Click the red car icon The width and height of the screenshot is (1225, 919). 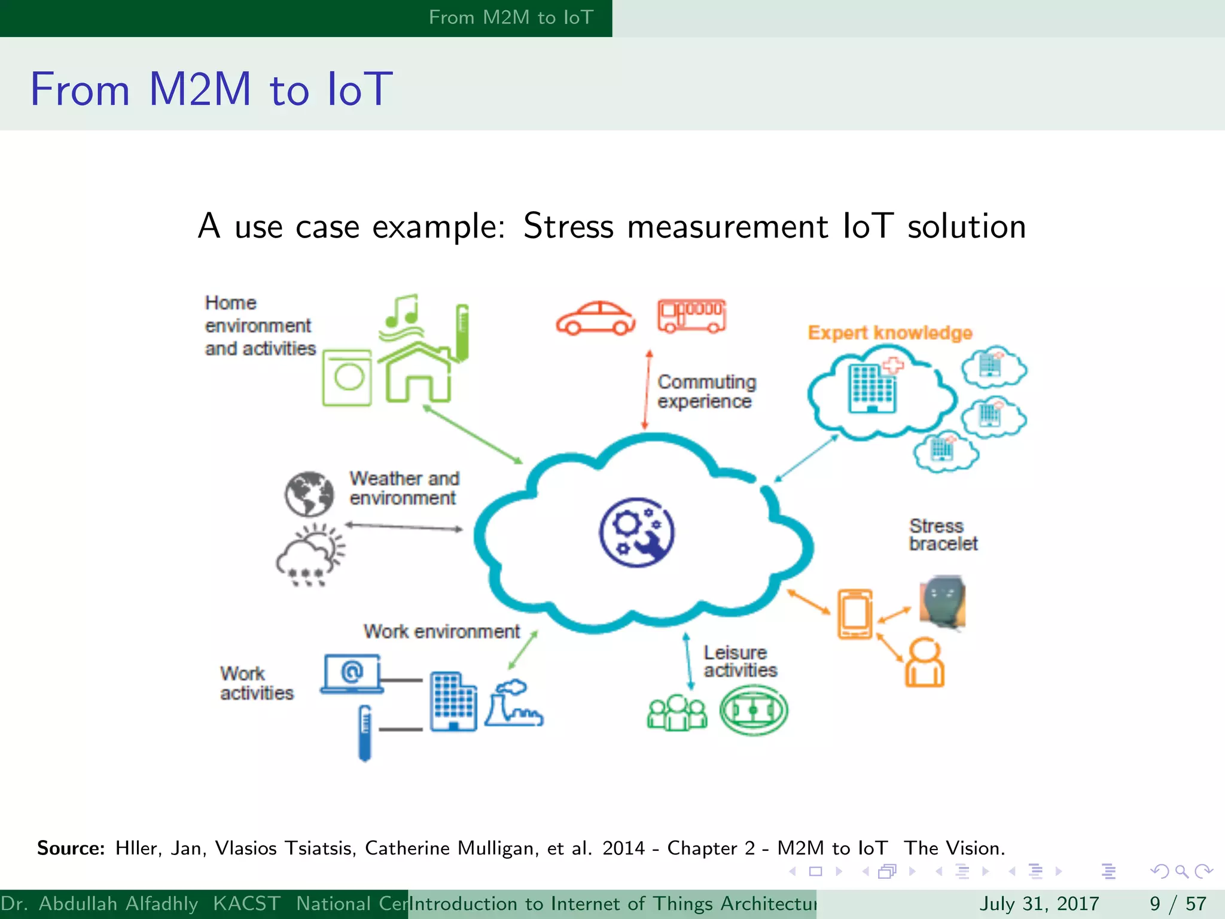click(x=595, y=318)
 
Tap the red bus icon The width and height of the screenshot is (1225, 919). click(x=691, y=316)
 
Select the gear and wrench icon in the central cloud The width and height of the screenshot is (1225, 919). click(x=636, y=532)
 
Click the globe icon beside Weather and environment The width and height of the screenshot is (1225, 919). click(x=309, y=494)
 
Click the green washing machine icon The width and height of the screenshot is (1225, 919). click(x=347, y=378)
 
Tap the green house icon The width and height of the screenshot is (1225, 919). click(x=417, y=373)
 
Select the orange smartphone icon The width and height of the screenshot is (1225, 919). click(x=855, y=614)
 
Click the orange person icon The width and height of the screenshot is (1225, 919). click(x=924, y=662)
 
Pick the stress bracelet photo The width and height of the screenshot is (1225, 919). click(x=943, y=601)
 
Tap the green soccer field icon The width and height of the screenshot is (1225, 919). click(x=753, y=710)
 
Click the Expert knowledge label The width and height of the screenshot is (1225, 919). click(x=889, y=333)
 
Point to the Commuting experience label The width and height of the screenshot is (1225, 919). click(x=706, y=391)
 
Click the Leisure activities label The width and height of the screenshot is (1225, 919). click(x=740, y=661)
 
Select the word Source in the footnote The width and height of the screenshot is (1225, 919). click(x=71, y=848)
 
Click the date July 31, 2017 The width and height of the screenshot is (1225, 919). click(x=1039, y=903)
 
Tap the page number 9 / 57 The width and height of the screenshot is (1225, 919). click(x=1178, y=903)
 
